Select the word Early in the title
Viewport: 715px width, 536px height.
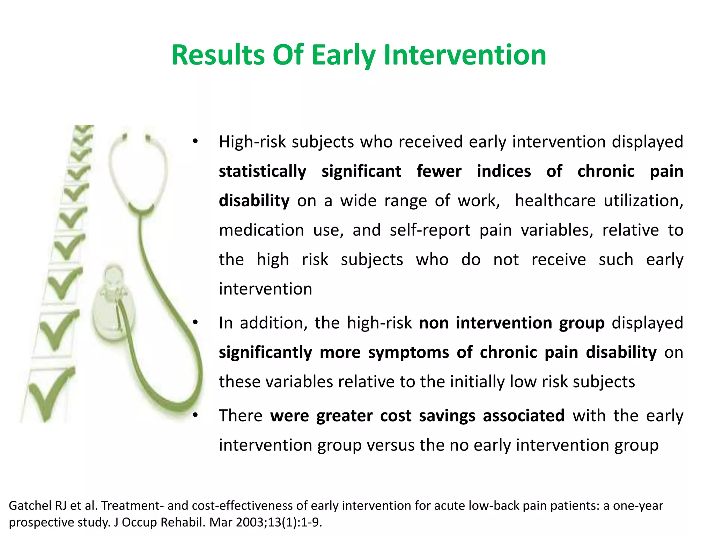point(344,56)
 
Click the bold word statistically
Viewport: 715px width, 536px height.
point(262,171)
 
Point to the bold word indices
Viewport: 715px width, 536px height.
point(504,171)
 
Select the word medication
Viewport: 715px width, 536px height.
point(261,230)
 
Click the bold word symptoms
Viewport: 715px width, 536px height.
point(408,352)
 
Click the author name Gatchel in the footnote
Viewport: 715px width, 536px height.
point(30,506)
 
